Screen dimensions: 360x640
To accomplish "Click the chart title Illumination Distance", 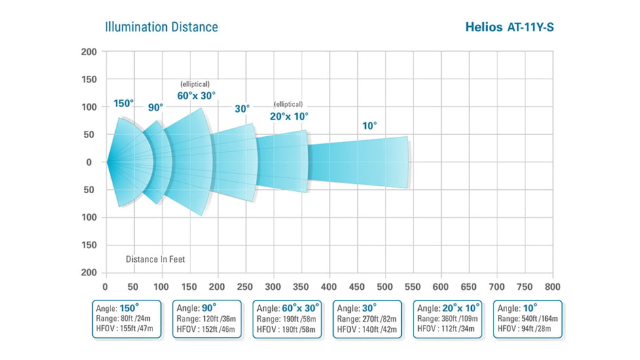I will tap(161, 27).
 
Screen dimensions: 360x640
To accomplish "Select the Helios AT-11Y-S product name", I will tap(510, 27).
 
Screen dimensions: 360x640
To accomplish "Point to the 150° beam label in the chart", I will tap(123, 103).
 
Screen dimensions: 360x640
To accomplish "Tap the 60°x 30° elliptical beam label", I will tap(196, 96).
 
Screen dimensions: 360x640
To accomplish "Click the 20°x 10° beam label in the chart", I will tap(289, 116).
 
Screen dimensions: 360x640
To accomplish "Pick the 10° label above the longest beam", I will tap(370, 126).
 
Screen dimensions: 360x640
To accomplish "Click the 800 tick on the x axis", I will tap(552, 287).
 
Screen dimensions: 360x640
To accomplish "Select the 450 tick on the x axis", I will tap(357, 287).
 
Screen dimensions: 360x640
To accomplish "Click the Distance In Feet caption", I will tap(155, 259).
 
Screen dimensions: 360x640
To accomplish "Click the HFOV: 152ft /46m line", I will tap(206, 329).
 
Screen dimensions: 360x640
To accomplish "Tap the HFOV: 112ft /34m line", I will tap(448, 329).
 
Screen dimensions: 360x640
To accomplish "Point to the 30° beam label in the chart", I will tap(242, 109).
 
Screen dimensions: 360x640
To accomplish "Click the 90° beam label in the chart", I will tap(155, 107).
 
